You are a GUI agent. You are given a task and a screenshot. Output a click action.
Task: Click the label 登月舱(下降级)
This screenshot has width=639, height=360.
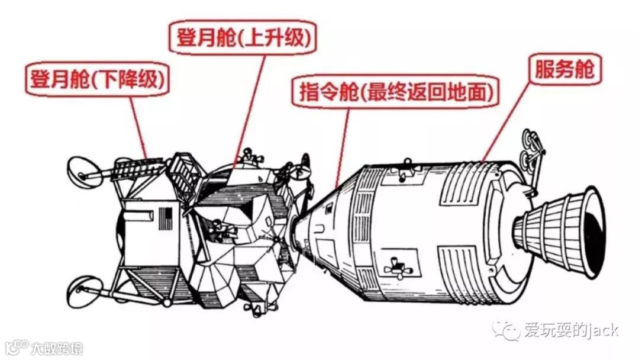click(x=96, y=79)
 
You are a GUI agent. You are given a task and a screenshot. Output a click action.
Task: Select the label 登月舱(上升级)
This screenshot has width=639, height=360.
click(x=243, y=37)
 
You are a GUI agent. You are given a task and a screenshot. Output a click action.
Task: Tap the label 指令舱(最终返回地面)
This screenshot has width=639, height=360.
click(x=394, y=92)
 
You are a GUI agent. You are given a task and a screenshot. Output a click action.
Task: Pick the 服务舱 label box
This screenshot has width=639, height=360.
click(x=564, y=70)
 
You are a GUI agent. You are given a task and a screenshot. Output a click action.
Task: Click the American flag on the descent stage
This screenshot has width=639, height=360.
click(x=165, y=218)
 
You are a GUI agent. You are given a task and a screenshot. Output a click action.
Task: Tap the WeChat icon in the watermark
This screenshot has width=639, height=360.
click(x=507, y=330)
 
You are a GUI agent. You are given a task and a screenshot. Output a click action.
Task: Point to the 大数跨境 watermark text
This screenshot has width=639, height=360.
click(x=57, y=347)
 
